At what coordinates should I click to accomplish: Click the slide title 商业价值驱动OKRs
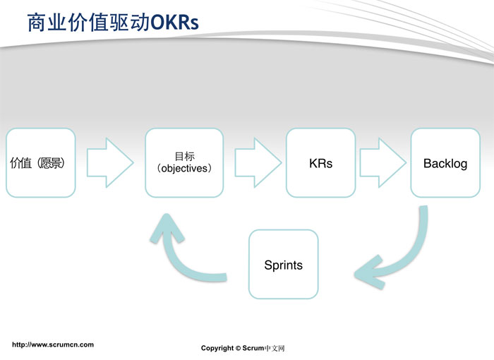pyautogui.click(x=113, y=23)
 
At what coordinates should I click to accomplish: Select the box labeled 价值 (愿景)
pyautogui.click(x=40, y=163)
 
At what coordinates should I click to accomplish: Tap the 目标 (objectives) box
pyautogui.click(x=184, y=163)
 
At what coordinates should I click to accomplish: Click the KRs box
pyautogui.click(x=320, y=163)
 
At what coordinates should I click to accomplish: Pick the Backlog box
pyautogui.click(x=445, y=163)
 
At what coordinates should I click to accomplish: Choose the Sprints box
pyautogui.click(x=283, y=264)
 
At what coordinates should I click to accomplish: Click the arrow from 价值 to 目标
pyautogui.click(x=109, y=163)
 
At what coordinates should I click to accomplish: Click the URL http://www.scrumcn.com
pyautogui.click(x=53, y=344)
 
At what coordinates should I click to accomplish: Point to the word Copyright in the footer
pyautogui.click(x=217, y=348)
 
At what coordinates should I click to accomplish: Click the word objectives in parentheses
pyautogui.click(x=184, y=169)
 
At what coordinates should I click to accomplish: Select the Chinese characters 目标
pyautogui.click(x=184, y=156)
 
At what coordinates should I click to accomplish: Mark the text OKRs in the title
pyautogui.click(x=175, y=23)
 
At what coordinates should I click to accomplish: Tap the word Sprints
pyautogui.click(x=283, y=265)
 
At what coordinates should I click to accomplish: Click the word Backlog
pyautogui.click(x=445, y=164)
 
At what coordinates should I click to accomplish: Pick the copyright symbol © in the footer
pyautogui.click(x=238, y=348)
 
